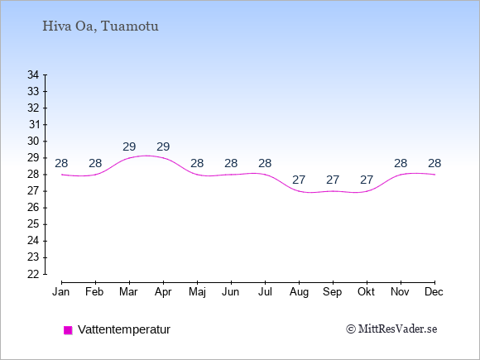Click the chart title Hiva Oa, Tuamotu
click(100, 26)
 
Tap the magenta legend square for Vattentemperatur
click(68, 330)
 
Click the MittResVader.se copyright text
click(391, 329)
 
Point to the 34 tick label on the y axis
click(33, 74)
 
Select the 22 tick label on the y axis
click(33, 274)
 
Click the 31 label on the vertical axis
click(34, 125)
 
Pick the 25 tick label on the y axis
click(33, 224)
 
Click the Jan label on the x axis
click(60, 292)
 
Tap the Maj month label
click(197, 292)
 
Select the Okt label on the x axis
click(366, 292)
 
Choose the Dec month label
click(434, 292)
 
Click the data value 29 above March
click(129, 147)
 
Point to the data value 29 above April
click(163, 147)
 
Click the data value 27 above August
click(299, 180)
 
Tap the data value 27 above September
click(333, 180)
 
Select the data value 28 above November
click(401, 164)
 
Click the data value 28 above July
click(265, 164)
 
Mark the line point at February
click(95, 175)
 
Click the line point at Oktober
click(367, 191)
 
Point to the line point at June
click(231, 175)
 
